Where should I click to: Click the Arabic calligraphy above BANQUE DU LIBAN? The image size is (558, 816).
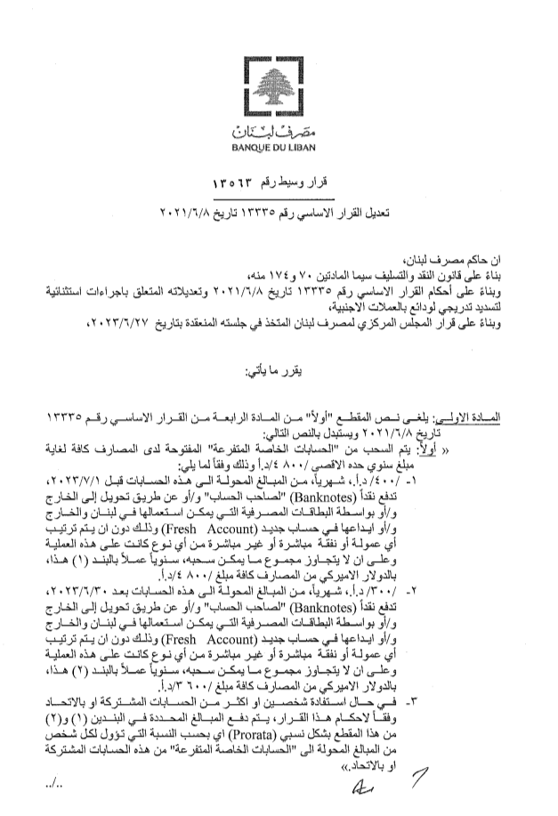point(278,130)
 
